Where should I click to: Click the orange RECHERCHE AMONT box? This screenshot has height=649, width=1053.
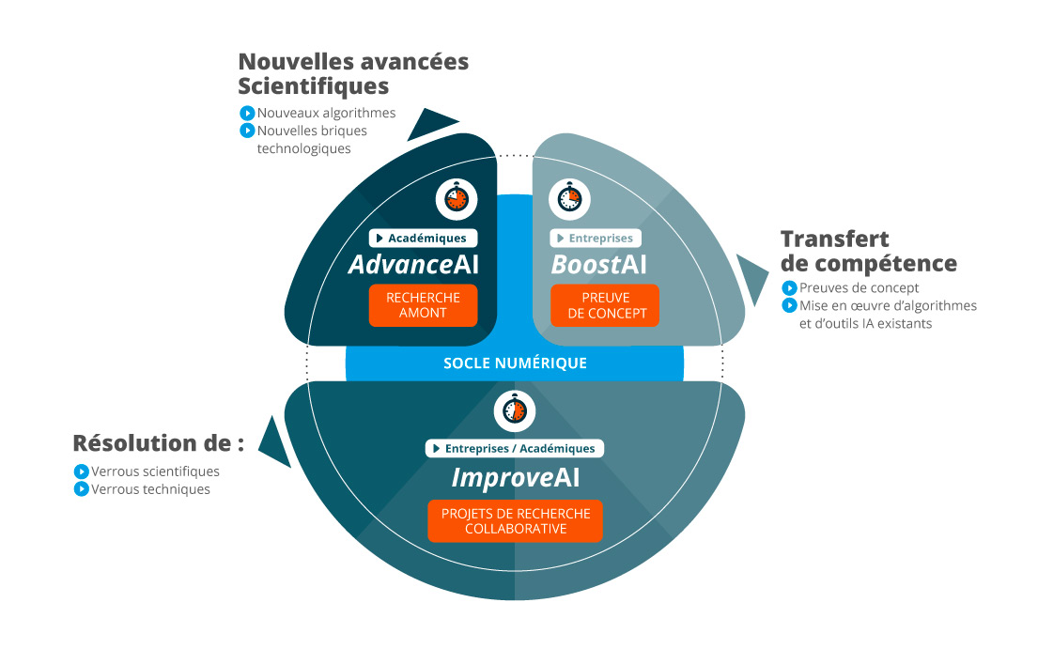click(423, 305)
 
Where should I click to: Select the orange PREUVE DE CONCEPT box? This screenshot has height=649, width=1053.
click(605, 305)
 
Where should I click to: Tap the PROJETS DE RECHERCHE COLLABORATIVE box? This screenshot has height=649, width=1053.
click(515, 521)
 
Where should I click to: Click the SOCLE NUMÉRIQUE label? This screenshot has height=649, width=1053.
click(515, 363)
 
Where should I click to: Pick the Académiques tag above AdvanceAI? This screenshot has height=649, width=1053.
click(423, 239)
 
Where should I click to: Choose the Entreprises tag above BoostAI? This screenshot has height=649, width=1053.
click(596, 239)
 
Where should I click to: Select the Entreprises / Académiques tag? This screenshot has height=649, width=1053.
click(515, 448)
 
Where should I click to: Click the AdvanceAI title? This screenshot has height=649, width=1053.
click(413, 265)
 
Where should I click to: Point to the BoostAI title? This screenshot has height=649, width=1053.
click(598, 265)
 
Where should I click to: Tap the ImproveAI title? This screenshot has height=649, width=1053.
click(515, 477)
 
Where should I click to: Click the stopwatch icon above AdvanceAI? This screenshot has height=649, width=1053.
click(457, 199)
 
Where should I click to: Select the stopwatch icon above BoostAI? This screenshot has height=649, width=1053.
click(569, 199)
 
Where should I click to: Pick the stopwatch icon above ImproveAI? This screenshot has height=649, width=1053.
click(515, 411)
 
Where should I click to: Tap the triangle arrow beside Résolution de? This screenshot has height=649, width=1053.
click(274, 444)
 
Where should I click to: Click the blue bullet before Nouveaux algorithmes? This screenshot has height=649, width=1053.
click(247, 113)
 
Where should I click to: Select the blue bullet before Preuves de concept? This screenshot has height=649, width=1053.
click(789, 288)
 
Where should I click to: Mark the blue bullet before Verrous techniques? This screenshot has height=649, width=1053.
click(82, 489)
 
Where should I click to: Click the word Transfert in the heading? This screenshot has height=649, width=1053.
click(835, 239)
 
